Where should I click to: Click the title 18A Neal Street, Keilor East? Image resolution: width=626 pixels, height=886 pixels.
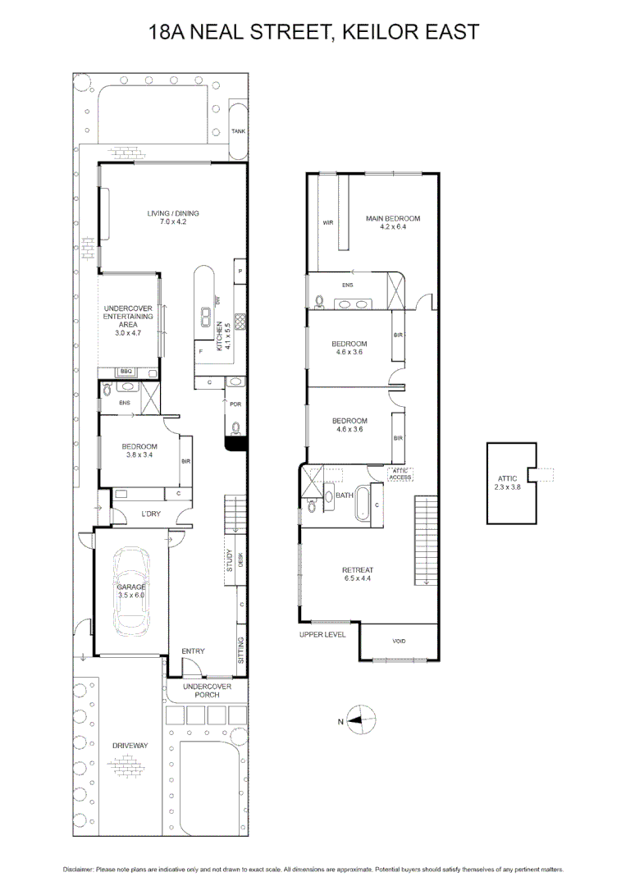(x=313, y=32)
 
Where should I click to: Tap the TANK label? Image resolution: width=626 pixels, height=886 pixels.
(x=238, y=131)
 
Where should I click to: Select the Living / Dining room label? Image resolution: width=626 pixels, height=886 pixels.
(x=173, y=217)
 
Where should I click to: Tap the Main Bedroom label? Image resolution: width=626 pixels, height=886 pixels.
(x=392, y=222)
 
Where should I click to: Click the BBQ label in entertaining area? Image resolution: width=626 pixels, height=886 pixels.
(x=126, y=372)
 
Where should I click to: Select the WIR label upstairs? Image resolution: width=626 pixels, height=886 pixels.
(x=327, y=222)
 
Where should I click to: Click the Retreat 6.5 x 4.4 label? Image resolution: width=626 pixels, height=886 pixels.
(x=358, y=574)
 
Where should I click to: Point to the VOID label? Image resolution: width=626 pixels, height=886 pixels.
(x=399, y=642)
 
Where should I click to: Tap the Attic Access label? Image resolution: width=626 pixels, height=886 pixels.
(x=400, y=474)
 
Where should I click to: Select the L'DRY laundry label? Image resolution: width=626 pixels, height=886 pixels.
(x=150, y=514)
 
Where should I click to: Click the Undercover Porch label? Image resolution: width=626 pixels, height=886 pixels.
(x=207, y=690)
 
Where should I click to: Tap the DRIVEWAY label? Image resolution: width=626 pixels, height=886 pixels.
(x=130, y=745)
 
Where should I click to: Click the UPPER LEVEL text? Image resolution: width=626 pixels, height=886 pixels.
(x=322, y=634)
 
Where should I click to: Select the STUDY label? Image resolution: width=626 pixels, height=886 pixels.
(x=229, y=566)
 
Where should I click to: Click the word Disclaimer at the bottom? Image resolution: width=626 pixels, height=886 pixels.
(x=79, y=869)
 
